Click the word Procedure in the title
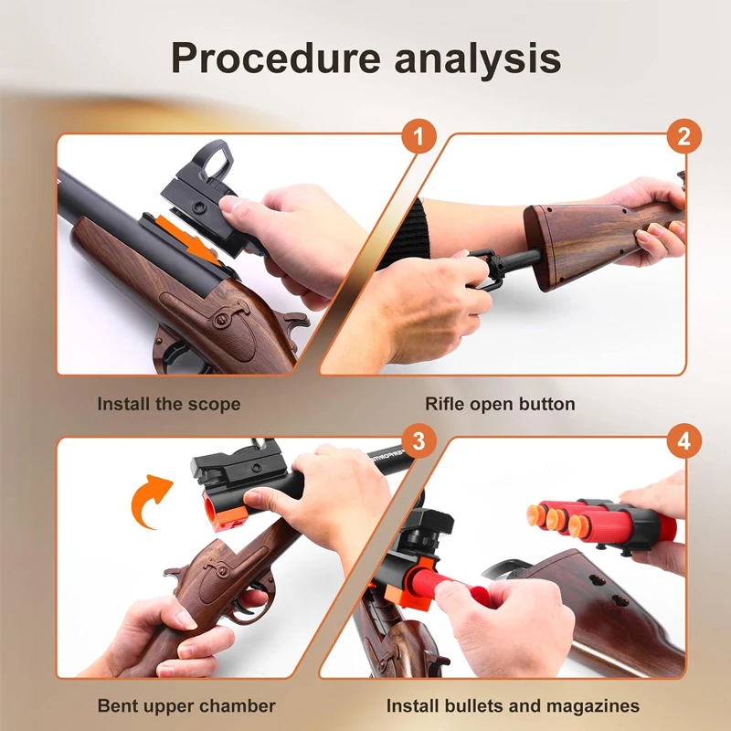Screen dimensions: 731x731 click(276, 58)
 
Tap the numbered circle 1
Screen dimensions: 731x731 click(418, 136)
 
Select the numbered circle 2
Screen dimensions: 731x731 click(683, 136)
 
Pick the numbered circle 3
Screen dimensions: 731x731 click(418, 440)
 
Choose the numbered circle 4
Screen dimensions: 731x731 click(683, 440)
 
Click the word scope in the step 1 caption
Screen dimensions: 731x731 click(215, 404)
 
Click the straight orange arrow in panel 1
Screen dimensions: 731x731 click(186, 235)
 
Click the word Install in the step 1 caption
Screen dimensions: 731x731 click(123, 404)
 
